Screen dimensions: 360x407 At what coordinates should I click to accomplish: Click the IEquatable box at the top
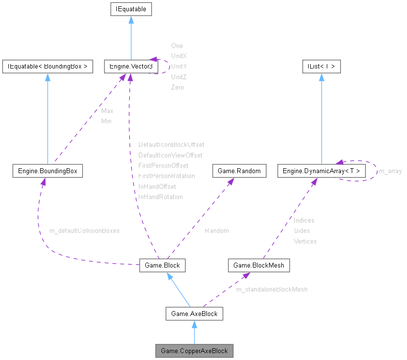click(x=131, y=9)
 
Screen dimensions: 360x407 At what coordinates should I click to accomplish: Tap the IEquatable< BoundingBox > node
click(x=47, y=67)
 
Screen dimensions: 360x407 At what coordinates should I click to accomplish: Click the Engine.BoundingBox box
click(x=47, y=171)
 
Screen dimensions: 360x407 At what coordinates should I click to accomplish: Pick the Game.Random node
click(x=239, y=171)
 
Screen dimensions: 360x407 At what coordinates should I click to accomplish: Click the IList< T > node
click(x=321, y=67)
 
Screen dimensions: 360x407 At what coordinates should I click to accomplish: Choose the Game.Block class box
click(x=162, y=265)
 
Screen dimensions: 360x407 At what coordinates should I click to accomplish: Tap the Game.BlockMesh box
click(x=259, y=265)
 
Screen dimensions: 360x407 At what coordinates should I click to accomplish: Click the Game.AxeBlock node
click(x=194, y=314)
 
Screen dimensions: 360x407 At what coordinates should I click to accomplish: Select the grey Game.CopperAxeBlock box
click(x=194, y=351)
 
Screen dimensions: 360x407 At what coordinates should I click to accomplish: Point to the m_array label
click(x=390, y=171)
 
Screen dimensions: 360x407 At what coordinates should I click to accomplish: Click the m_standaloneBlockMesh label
click(x=272, y=290)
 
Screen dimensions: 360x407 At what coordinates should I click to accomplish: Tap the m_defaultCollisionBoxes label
click(x=85, y=230)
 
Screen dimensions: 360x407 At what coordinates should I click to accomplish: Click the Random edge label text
click(x=216, y=230)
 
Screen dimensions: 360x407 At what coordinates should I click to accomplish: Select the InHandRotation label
click(x=160, y=197)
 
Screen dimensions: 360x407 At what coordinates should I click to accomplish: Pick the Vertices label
click(x=305, y=241)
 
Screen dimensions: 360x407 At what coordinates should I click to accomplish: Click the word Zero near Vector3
click(x=178, y=88)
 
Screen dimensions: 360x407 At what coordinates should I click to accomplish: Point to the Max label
click(x=107, y=111)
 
